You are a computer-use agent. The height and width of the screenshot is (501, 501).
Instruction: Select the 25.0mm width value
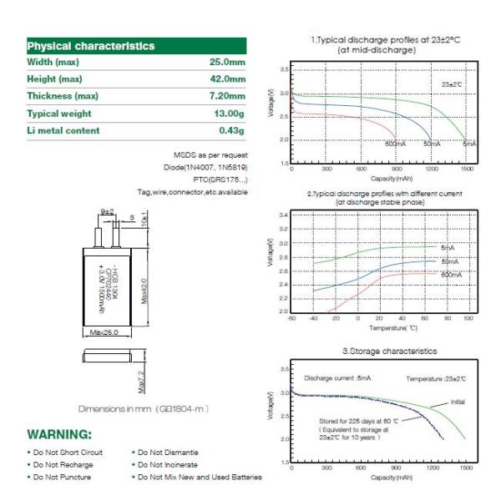[x=226, y=63]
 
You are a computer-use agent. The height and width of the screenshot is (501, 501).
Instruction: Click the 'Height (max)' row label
[x=55, y=79]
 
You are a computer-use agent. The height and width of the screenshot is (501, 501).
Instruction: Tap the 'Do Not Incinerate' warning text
[x=168, y=464]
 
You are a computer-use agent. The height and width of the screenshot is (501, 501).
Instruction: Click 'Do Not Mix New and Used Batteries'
[x=200, y=477]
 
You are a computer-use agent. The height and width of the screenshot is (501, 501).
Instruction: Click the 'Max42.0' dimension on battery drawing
[x=144, y=291]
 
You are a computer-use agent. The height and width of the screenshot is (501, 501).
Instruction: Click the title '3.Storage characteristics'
[x=389, y=352]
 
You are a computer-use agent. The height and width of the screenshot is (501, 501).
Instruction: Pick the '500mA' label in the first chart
[x=395, y=144]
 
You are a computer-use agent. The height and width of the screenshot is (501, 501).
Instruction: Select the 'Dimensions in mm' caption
[x=142, y=409]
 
